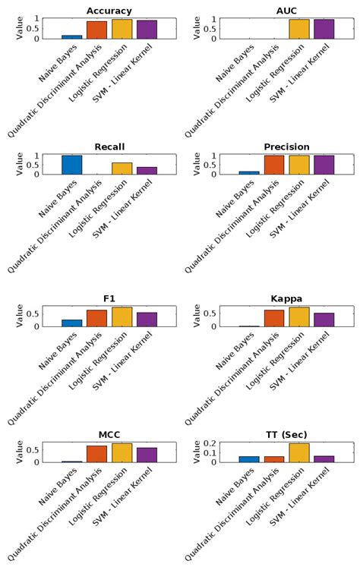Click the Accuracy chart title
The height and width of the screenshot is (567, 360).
(x=109, y=11)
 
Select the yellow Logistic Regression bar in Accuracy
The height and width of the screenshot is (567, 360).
(x=122, y=29)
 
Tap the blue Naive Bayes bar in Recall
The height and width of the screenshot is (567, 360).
(x=71, y=165)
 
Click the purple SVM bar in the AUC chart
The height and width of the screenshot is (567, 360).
(x=324, y=29)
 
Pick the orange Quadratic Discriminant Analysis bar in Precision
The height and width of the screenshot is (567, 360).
(x=274, y=165)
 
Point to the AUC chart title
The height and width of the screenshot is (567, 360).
(x=286, y=11)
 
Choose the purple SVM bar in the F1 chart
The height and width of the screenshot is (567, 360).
(x=147, y=320)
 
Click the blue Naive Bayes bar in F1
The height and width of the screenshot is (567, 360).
(x=71, y=323)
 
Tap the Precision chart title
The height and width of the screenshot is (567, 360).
(x=286, y=146)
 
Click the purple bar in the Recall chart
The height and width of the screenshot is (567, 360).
(x=147, y=170)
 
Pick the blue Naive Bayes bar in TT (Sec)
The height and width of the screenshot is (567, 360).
(x=249, y=458)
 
